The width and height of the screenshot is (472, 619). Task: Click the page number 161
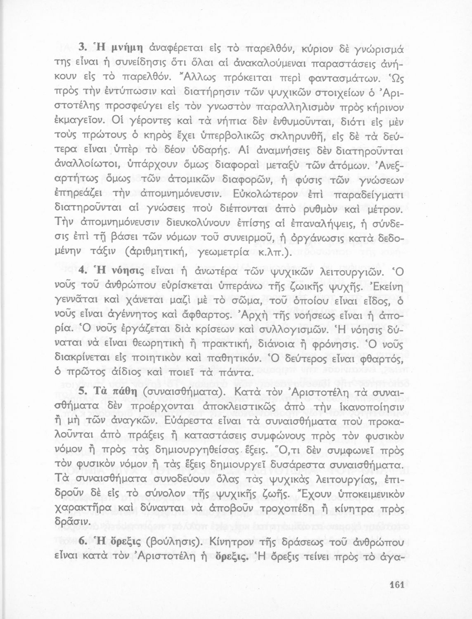click(x=396, y=585)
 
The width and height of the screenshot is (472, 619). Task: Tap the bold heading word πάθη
click(x=123, y=392)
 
